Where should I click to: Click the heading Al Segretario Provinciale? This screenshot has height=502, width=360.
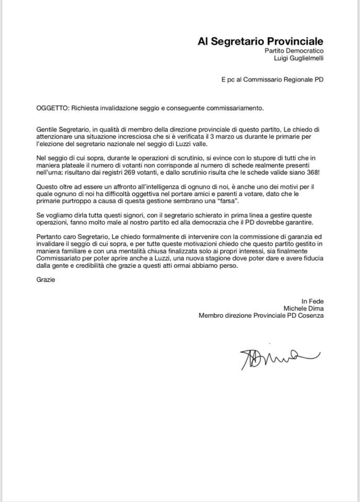(260, 41)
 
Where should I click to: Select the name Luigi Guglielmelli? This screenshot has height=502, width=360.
(299, 59)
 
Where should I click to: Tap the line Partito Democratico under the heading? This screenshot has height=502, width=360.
(294, 51)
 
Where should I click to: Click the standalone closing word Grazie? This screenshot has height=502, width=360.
(46, 279)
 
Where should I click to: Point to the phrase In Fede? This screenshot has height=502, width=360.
(312, 301)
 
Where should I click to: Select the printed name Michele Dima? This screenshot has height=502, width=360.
(303, 308)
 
